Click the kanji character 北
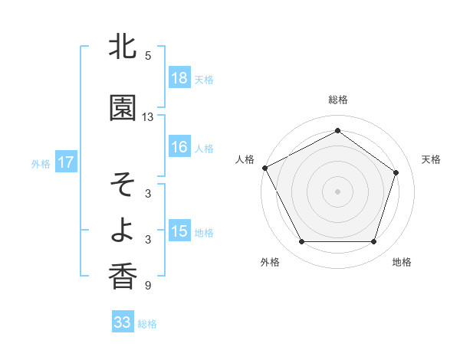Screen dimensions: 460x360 123,47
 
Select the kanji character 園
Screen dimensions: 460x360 123,109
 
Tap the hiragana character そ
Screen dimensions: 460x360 123,185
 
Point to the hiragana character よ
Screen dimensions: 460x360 123,230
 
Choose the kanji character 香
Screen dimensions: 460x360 123,276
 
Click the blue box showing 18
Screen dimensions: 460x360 179,78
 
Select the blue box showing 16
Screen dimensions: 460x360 179,148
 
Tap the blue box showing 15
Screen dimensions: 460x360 179,231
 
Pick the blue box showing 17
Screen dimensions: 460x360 65,162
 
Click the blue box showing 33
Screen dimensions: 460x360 123,322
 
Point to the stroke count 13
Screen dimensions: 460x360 148,117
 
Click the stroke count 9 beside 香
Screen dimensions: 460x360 148,286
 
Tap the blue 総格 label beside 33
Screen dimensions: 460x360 147,323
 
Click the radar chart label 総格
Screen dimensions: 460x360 338,100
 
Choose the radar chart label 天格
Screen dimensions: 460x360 431,159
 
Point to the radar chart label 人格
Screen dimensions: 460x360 245,159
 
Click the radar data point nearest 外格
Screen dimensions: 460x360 301,242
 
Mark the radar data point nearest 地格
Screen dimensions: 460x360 374,242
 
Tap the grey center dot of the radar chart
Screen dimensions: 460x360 338,191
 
